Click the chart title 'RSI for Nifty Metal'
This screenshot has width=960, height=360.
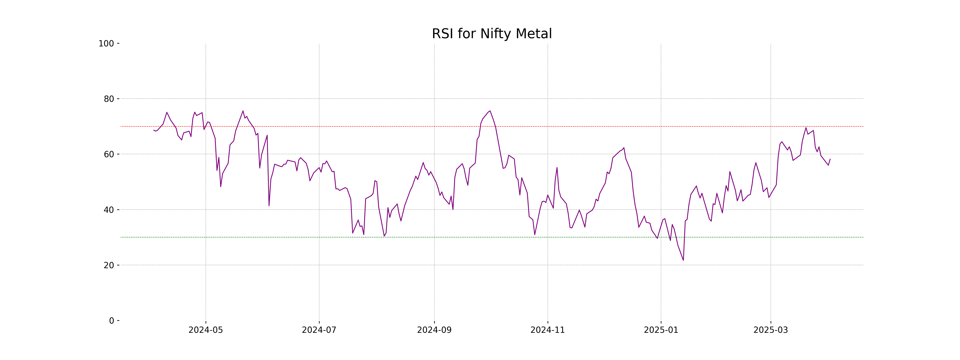[492, 34]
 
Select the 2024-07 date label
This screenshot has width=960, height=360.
[319, 330]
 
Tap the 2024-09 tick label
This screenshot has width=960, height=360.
[434, 330]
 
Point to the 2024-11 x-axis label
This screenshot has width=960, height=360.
[547, 330]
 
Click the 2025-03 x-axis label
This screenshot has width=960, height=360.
[771, 330]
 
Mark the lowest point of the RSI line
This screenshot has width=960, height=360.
[683, 260]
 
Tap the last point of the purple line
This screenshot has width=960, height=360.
[830, 159]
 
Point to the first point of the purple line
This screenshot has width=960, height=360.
[154, 130]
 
